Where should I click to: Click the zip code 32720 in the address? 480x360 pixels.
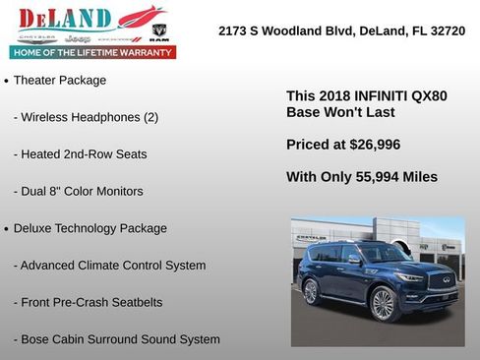[x=445, y=31]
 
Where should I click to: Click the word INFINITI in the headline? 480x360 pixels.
[x=384, y=96]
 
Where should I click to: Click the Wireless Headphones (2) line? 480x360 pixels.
[x=86, y=117]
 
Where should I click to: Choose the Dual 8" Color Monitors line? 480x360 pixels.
[x=79, y=191]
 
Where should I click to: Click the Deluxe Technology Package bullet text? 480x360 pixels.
[x=90, y=228]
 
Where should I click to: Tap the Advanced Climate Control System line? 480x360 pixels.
[x=110, y=266]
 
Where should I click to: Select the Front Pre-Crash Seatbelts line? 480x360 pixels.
[x=89, y=302]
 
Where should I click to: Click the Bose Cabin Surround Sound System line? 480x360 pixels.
[x=117, y=339]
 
